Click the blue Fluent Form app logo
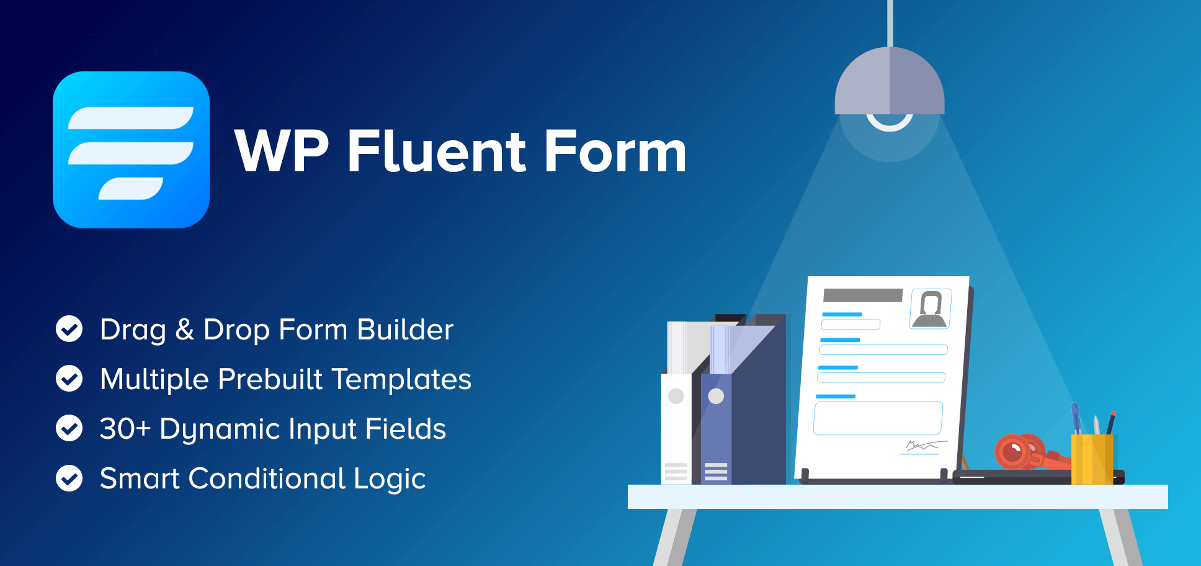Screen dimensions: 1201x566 tap(131, 150)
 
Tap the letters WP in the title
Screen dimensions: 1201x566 tap(282, 151)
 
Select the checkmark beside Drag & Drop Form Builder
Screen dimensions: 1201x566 tap(69, 329)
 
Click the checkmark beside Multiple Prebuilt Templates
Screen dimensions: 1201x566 tap(69, 379)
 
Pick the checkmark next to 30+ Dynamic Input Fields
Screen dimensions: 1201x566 tap(69, 428)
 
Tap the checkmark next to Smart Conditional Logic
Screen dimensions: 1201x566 tap(69, 478)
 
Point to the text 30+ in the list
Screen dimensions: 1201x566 tap(125, 429)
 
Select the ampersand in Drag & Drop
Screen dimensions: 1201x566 tap(184, 330)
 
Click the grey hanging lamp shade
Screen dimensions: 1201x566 tap(890, 81)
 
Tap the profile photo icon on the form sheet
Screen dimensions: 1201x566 tap(931, 308)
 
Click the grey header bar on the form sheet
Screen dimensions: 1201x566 tap(862, 295)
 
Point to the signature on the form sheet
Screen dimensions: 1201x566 tap(924, 446)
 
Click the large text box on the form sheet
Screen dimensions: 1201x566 tap(878, 418)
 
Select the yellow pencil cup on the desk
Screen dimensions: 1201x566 tap(1092, 459)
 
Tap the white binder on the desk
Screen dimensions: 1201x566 tap(677, 428)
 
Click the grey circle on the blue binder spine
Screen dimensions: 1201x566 tap(716, 396)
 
